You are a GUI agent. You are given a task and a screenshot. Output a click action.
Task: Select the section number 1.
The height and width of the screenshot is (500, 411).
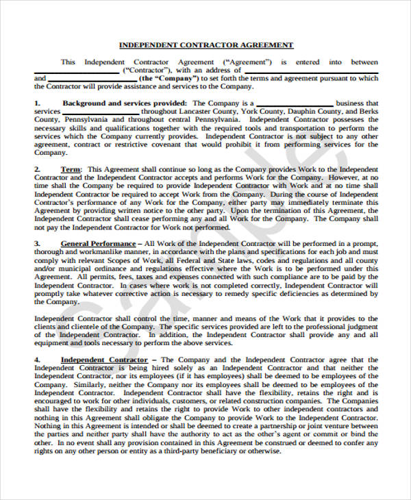point(37,103)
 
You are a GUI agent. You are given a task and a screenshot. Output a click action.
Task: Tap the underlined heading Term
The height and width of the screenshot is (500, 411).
point(71,168)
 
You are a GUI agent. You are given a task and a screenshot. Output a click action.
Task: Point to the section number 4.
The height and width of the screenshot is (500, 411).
point(37,360)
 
